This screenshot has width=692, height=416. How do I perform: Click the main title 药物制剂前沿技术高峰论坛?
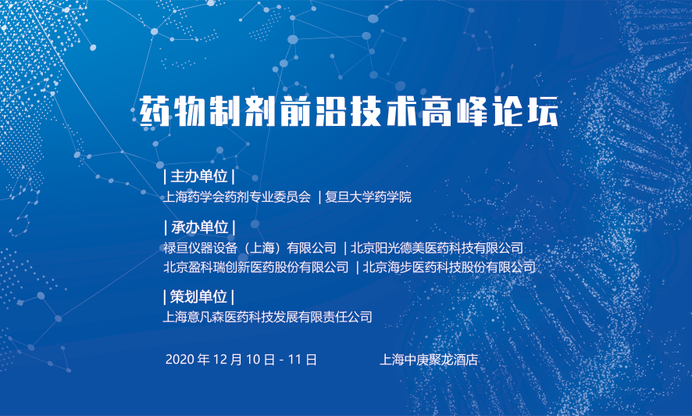tap(348, 110)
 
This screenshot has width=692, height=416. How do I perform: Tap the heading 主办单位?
tap(199, 176)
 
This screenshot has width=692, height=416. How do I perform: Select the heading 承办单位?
tap(199, 228)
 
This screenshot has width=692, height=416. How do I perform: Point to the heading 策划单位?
tap(198, 297)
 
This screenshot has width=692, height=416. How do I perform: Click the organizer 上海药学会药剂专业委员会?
tap(237, 197)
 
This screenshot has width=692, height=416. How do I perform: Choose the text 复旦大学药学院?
tap(368, 197)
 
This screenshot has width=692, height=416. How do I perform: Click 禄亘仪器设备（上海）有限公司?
tap(250, 248)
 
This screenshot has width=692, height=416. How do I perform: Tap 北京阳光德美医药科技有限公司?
tap(437, 248)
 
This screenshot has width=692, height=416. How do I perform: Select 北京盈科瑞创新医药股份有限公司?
tap(256, 267)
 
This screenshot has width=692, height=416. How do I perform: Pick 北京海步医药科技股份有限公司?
tap(449, 267)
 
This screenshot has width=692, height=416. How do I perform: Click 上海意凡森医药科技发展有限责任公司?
tap(267, 317)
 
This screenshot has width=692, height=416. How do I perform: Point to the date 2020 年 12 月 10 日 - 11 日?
tap(241, 360)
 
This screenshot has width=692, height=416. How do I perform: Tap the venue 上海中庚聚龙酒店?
tap(429, 360)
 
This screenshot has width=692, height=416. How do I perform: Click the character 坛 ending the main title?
tap(544, 111)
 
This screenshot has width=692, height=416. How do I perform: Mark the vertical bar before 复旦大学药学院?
tap(320, 197)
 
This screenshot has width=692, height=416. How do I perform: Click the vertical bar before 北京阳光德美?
tap(345, 248)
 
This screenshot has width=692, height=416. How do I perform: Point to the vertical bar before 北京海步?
tap(357, 267)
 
